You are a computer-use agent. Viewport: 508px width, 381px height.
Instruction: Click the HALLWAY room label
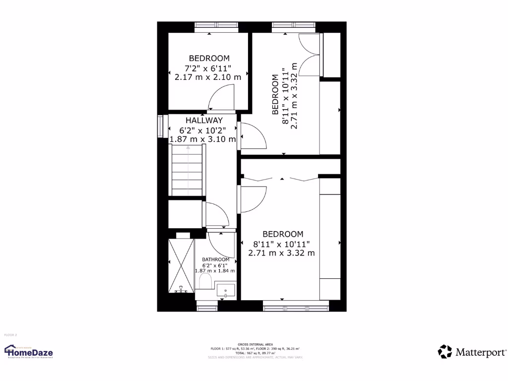click(x=204, y=121)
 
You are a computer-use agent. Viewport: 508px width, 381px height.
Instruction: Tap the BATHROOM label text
click(x=216, y=259)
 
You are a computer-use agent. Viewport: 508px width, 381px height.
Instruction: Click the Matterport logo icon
click(x=445, y=352)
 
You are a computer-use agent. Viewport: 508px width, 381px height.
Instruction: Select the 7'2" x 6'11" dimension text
click(x=208, y=68)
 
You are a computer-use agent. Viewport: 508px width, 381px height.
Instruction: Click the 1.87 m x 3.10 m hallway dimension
click(x=203, y=139)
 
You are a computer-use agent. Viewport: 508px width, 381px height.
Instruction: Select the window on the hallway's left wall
click(x=160, y=126)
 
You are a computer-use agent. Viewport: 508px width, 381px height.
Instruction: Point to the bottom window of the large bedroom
click(x=296, y=308)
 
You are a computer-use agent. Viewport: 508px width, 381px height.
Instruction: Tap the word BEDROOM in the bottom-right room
click(x=283, y=234)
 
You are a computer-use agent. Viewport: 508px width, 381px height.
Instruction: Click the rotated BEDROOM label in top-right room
click(x=275, y=94)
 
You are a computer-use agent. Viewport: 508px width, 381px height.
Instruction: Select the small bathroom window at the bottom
click(x=207, y=308)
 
